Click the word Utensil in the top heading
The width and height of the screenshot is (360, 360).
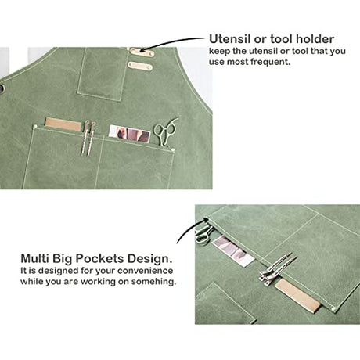[229, 39]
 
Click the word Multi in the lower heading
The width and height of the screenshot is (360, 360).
[35, 258]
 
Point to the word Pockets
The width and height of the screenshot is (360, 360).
[99, 258]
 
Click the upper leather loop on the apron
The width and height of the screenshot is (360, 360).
[142, 52]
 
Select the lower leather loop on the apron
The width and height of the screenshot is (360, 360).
[140, 66]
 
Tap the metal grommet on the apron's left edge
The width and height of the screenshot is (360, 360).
[2, 88]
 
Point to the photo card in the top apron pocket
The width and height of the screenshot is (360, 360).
[129, 134]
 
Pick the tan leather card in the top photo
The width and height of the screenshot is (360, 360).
[63, 124]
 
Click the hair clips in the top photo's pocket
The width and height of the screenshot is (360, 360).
[88, 138]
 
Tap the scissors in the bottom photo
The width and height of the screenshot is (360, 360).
[203, 235]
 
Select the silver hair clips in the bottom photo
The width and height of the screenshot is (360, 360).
[277, 268]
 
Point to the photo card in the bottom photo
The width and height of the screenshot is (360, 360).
[233, 250]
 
